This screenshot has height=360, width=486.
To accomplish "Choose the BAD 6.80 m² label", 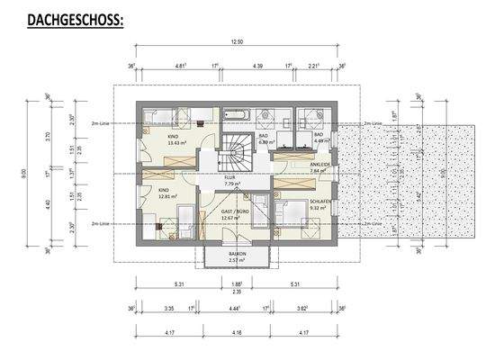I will click(266, 139).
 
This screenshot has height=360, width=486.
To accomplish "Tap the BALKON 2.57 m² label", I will click(238, 258).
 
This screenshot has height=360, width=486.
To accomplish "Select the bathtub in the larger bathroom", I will click(235, 114).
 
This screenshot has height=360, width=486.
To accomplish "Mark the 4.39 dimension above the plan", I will click(256, 67).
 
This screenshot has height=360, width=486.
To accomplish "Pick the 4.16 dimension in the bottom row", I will click(238, 335).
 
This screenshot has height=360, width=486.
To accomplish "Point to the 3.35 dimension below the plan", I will click(169, 308).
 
